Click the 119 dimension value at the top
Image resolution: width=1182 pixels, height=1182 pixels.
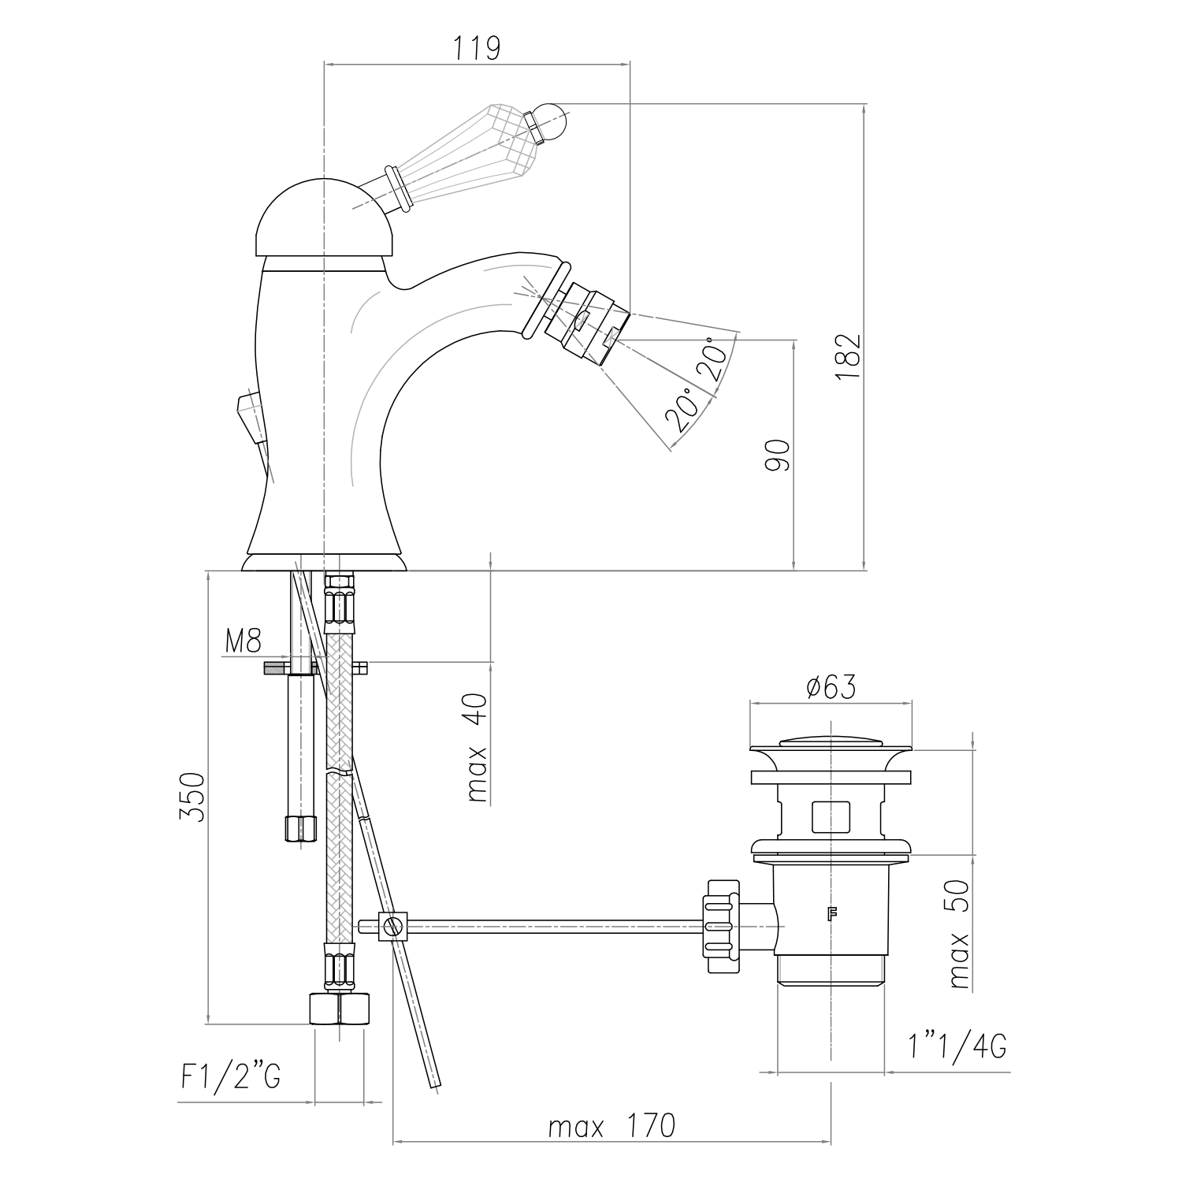[477, 48]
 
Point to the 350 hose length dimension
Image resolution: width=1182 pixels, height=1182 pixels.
[191, 797]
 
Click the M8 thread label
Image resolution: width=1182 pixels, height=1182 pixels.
[243, 641]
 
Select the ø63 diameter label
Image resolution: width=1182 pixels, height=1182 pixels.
[831, 687]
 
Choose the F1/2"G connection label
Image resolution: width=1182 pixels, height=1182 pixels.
[230, 1076]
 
